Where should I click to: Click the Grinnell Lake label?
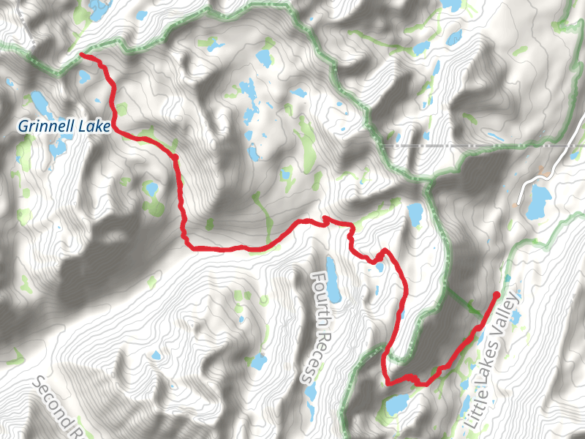click(64, 127)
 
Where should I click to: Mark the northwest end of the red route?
click(81, 56)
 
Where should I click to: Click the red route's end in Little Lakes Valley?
click(497, 295)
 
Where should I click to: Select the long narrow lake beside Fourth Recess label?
click(333, 280)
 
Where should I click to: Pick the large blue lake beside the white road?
click(540, 200)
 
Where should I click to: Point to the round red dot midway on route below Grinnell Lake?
click(176, 156)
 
